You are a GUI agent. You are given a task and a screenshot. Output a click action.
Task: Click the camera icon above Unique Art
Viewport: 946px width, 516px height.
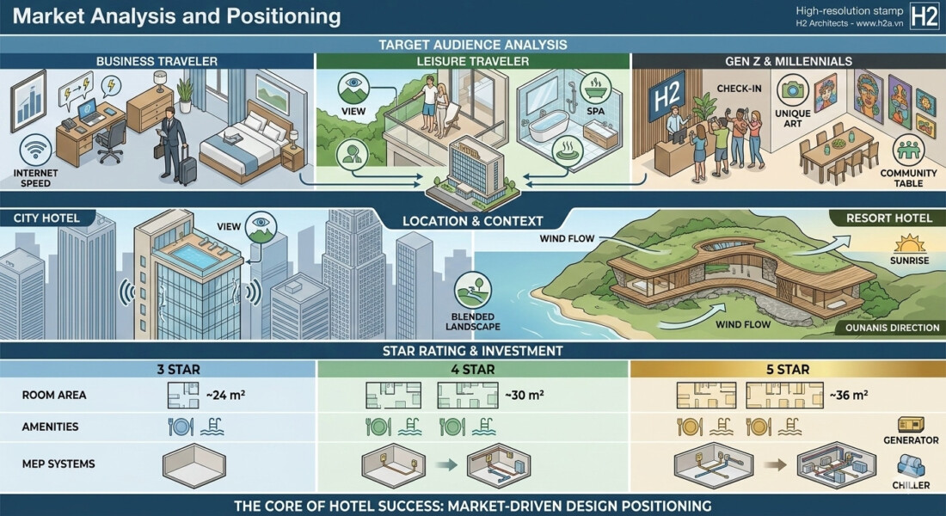tap(792, 90)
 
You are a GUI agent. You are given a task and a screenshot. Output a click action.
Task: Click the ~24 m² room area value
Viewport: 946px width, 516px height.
tap(224, 396)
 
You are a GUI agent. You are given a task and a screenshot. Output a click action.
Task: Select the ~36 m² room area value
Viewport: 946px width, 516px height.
tap(848, 396)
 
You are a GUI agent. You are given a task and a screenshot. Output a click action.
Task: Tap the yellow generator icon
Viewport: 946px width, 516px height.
tap(910, 425)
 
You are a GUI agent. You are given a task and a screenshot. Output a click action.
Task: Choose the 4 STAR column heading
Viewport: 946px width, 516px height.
tap(473, 370)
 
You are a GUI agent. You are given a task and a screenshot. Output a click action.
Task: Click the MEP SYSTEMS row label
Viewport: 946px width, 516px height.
tap(58, 464)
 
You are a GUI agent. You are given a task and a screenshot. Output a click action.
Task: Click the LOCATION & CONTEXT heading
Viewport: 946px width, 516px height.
tap(472, 221)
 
